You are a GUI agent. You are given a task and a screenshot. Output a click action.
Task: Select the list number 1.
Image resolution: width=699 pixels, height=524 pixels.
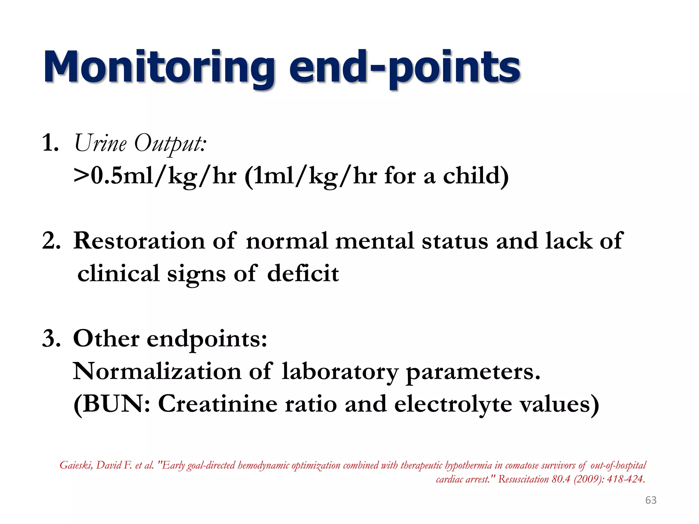(50, 143)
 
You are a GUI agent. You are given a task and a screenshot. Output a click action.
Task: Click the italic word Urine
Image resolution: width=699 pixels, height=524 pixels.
(100, 143)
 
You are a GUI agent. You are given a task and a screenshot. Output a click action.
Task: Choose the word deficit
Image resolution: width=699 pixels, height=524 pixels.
(303, 274)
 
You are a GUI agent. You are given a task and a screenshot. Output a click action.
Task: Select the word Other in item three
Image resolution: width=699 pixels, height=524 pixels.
(106, 339)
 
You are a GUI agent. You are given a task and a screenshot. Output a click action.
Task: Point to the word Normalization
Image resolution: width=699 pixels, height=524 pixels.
(157, 371)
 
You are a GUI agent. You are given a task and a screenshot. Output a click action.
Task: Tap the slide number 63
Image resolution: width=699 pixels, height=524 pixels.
(651, 500)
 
